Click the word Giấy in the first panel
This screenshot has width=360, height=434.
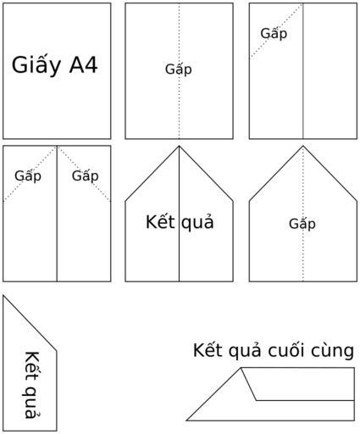coord(36,65)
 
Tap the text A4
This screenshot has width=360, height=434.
coord(84,64)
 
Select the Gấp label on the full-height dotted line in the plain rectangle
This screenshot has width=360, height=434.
coord(179,70)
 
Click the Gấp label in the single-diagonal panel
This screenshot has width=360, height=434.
coord(274,34)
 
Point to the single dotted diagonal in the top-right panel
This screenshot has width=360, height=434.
coord(276,31)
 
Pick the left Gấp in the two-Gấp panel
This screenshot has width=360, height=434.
coord(28,176)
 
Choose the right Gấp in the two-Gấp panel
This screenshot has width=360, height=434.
coord(85,176)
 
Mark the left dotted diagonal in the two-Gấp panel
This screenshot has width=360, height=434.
coord(30,174)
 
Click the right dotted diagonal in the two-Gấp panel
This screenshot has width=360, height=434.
coord(84,174)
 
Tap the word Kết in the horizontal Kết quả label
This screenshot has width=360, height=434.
coord(160,222)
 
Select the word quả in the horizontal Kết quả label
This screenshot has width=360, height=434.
coord(197,223)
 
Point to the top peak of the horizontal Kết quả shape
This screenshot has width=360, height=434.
coord(179,146)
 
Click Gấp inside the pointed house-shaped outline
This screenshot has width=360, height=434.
coord(302,224)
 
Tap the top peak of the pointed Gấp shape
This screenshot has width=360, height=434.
coord(303,146)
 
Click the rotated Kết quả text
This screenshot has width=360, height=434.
coord(32,385)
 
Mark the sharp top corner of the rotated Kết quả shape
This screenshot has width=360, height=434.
coord(3,296)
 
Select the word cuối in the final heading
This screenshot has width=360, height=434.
coord(286,351)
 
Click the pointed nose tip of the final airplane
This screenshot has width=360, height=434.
coord(186,420)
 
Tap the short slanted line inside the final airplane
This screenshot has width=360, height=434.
coord(248,384)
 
